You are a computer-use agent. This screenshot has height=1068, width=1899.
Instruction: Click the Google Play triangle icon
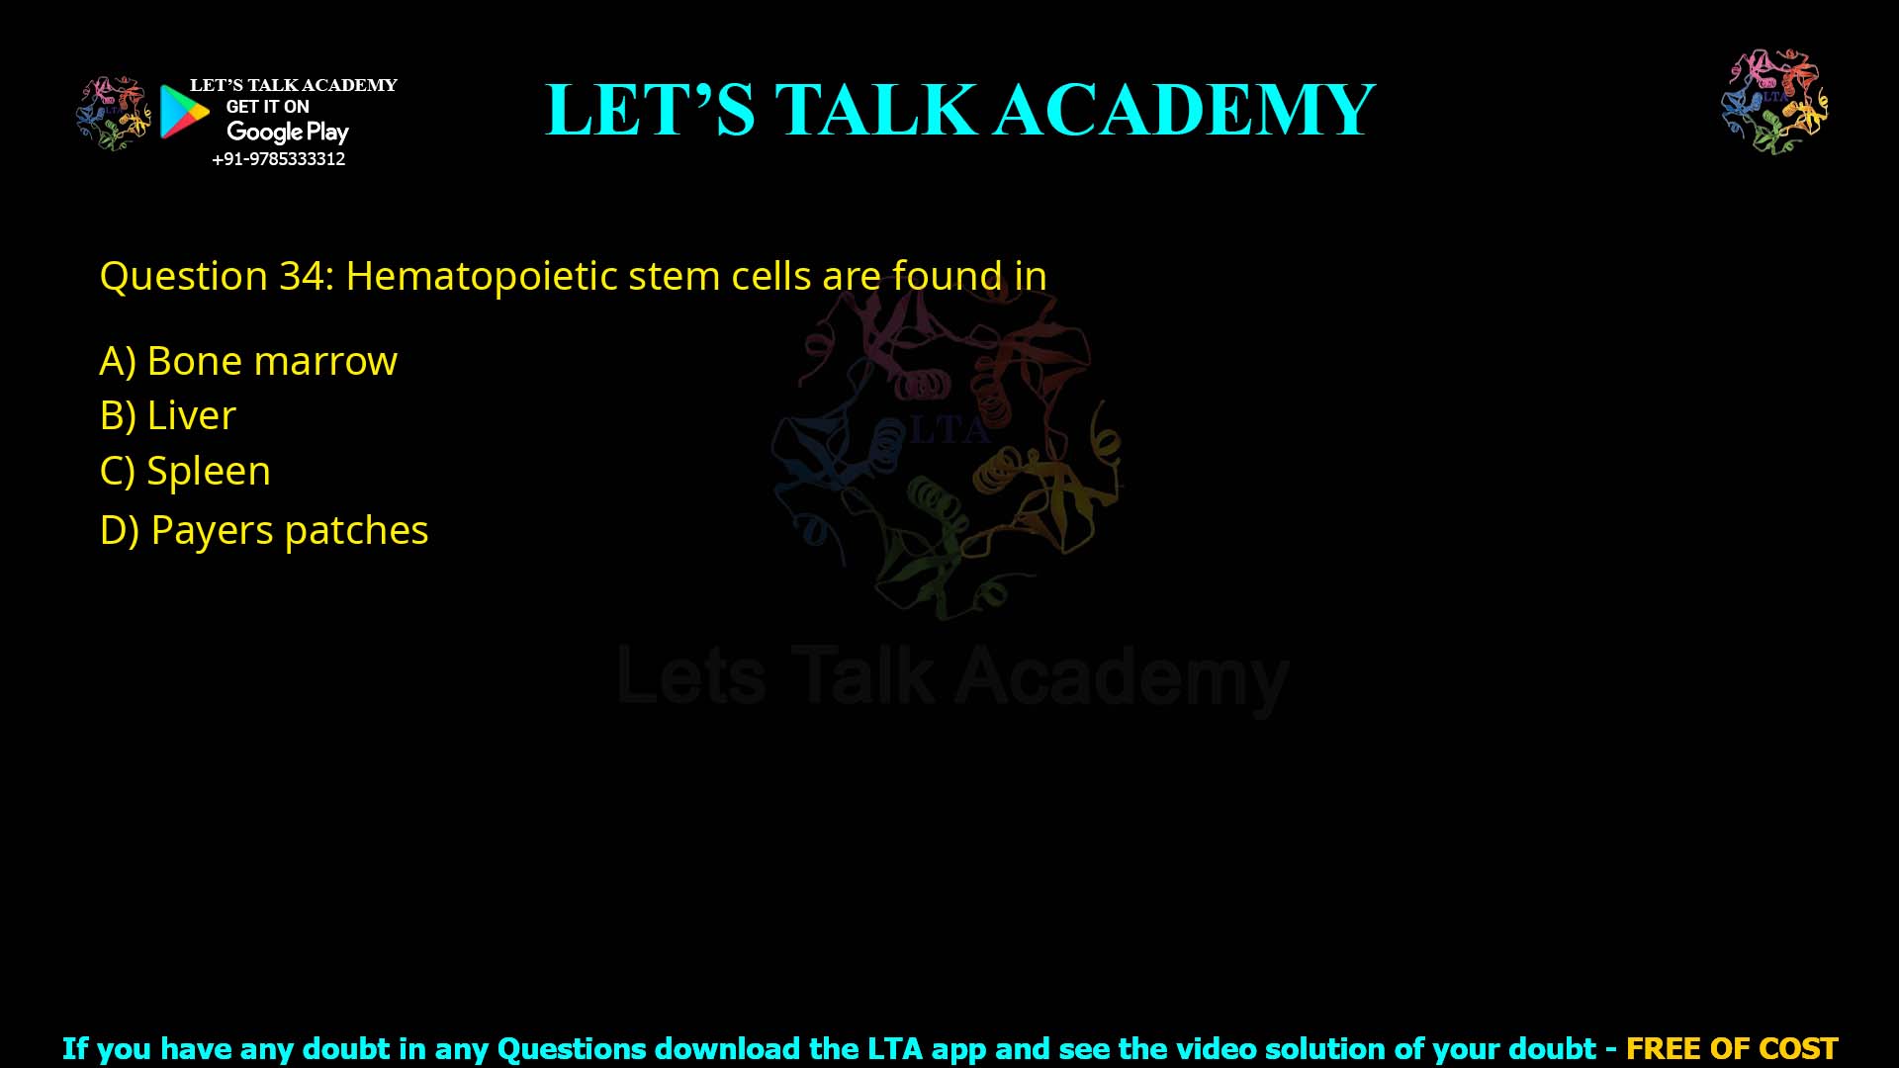tap(184, 112)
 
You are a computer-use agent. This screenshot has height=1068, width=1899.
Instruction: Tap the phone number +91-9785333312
tap(278, 159)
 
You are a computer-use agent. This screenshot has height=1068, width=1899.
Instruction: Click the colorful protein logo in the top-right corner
tap(1774, 102)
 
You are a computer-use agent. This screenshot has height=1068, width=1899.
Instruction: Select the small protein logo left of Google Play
tap(113, 114)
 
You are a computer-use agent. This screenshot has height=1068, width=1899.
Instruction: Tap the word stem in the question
tap(674, 276)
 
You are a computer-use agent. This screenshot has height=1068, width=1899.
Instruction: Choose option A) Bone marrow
tap(248, 361)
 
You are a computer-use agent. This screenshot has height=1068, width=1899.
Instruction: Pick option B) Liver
tap(168, 415)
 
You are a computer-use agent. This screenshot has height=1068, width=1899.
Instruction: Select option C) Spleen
tap(185, 471)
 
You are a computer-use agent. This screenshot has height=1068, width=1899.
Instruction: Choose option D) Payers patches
tap(264, 530)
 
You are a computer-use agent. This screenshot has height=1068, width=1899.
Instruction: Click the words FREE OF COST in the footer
tap(1731, 1048)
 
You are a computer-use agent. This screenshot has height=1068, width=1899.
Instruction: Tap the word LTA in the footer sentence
tap(895, 1048)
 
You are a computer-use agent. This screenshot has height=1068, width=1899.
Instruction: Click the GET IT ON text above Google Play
tap(267, 107)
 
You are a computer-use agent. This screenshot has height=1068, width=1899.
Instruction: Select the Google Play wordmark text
tap(287, 132)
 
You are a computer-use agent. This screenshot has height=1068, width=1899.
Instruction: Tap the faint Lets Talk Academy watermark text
tap(952, 678)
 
